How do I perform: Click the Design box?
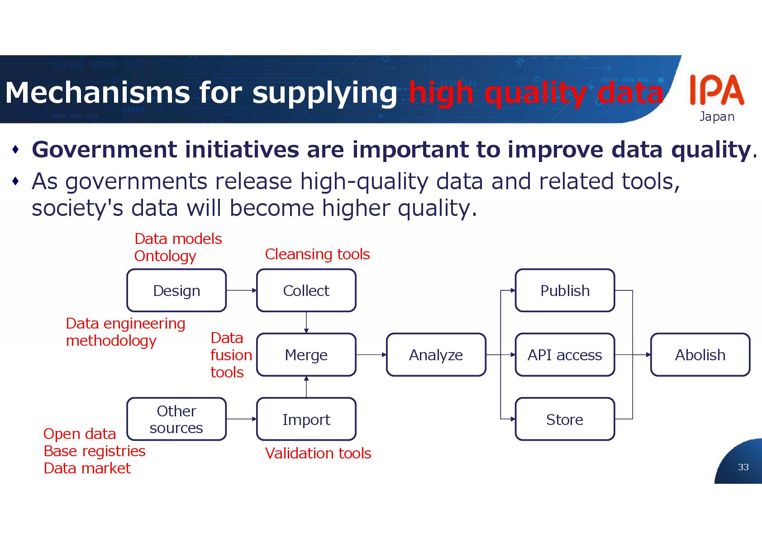tap(176, 291)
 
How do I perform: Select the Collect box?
tap(306, 291)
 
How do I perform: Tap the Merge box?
tap(306, 355)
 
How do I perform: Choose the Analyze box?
tap(436, 355)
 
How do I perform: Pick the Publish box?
tap(565, 291)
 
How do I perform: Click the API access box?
tap(565, 355)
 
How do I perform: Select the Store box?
tap(565, 420)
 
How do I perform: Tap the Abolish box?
tap(700, 355)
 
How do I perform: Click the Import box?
tap(306, 420)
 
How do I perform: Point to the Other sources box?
tap(176, 419)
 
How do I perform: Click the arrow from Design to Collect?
tap(241, 291)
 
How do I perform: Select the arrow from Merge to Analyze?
tap(371, 355)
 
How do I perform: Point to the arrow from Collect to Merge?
tap(306, 322)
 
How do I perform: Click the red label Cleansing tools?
tap(317, 254)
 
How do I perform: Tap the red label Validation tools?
tap(318, 453)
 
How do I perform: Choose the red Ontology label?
tap(165, 256)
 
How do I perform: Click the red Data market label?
tap(87, 468)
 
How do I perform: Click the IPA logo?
tap(717, 91)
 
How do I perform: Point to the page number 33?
tap(743, 467)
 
